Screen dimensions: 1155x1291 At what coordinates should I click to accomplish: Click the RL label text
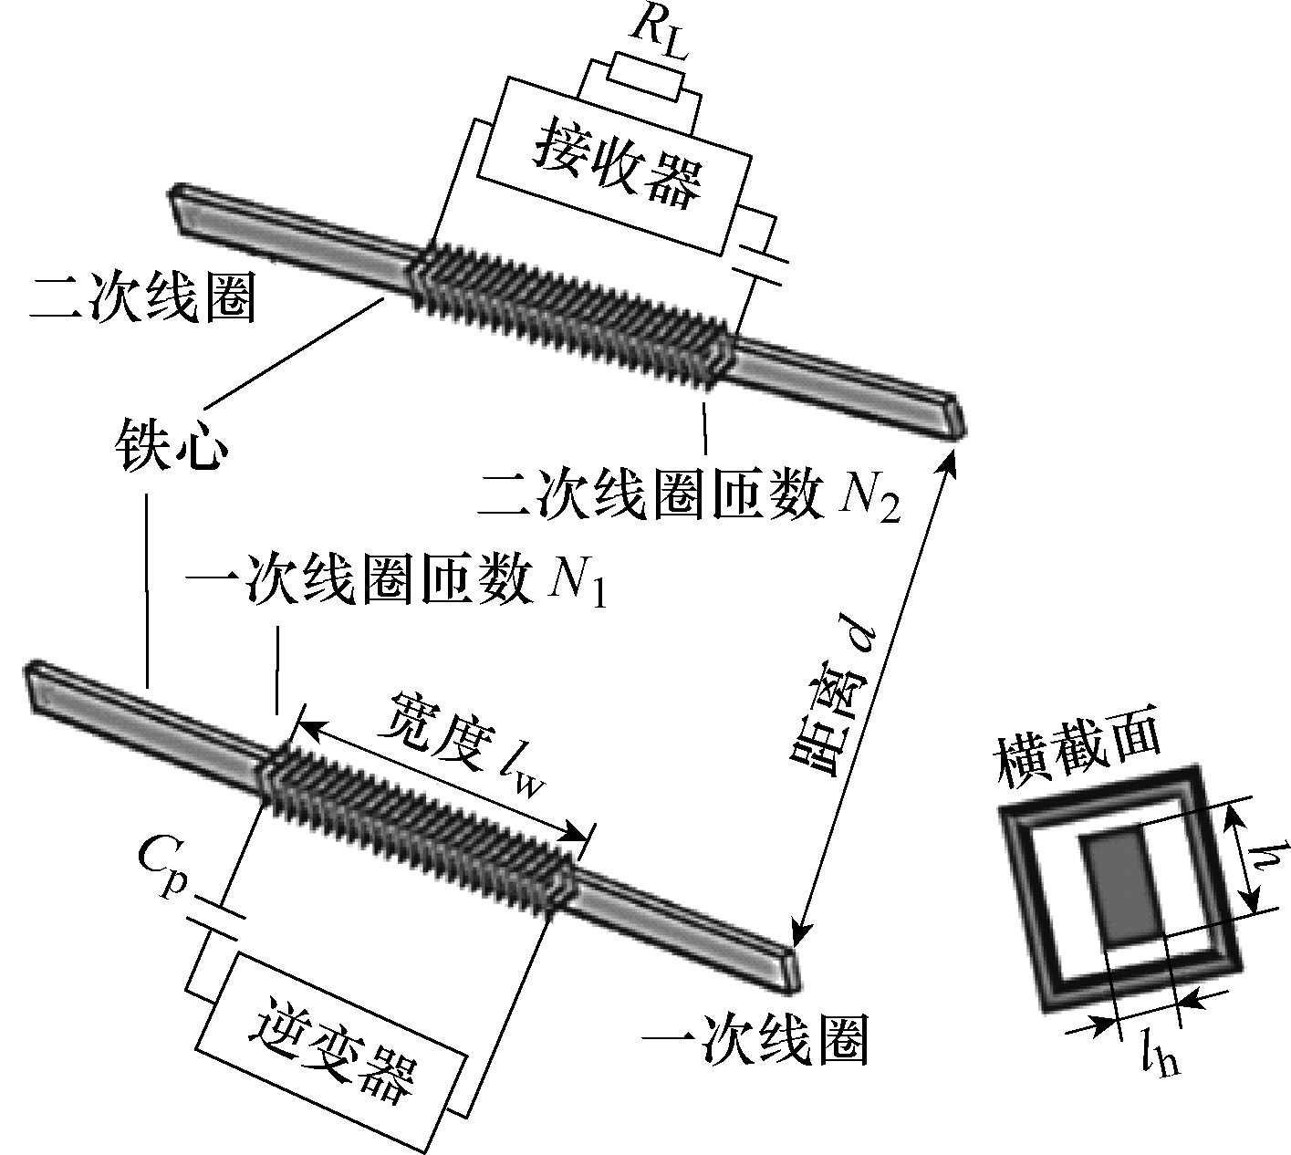pyautogui.click(x=662, y=35)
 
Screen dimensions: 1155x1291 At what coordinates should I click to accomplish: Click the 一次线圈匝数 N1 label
pyautogui.click(x=396, y=582)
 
